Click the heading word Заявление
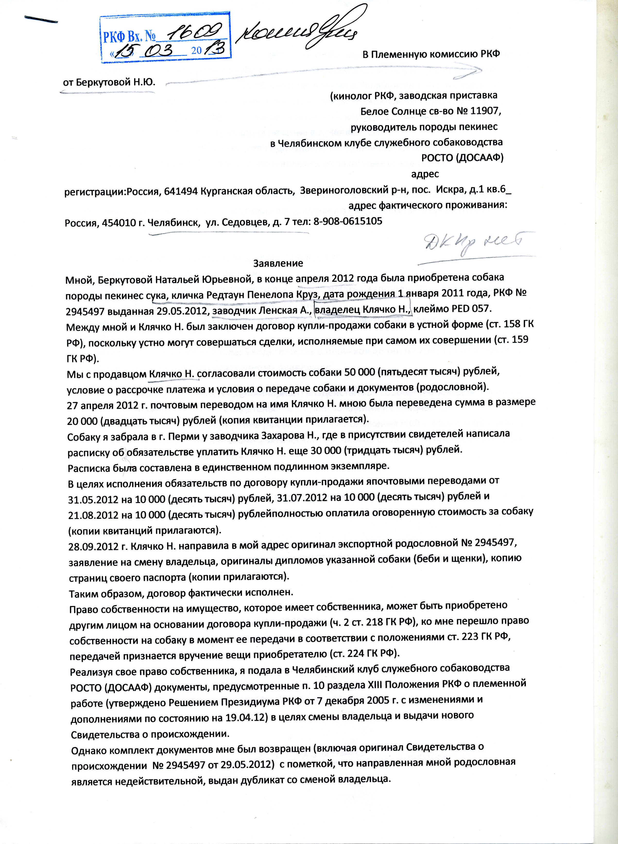point(278,263)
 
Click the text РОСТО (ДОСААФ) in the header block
point(462,158)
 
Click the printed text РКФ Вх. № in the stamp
point(129,36)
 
